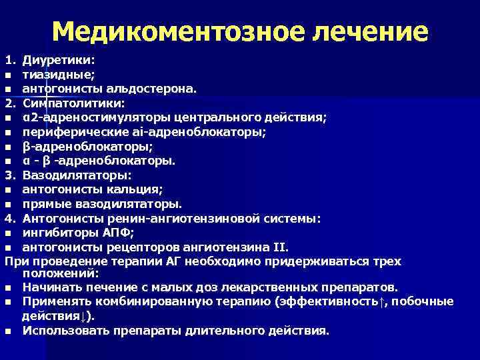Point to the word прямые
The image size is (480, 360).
(44, 203)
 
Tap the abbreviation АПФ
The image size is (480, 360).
(118, 232)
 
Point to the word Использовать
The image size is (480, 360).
(61, 331)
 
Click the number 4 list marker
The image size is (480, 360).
(9, 218)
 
